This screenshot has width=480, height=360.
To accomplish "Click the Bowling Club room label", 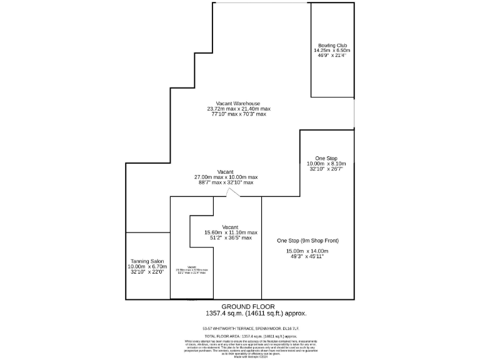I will point(332,46).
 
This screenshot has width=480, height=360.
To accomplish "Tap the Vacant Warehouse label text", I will point(238,103).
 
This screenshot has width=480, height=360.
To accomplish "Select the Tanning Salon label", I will point(147,261).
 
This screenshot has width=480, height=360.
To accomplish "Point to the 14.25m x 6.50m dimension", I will point(332,51).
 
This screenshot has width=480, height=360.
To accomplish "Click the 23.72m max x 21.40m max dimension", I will point(238,109).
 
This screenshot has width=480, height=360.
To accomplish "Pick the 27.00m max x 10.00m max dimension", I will point(226,177).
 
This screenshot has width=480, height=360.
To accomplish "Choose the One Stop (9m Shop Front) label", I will point(308,241).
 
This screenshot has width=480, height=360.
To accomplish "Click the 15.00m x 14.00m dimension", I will point(308,251).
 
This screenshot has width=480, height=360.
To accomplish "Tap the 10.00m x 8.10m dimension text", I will point(326,164).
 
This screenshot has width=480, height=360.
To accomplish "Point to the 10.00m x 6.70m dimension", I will point(147,266).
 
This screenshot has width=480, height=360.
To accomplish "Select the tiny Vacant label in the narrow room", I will point(192,266).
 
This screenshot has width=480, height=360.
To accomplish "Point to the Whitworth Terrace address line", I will point(241,328).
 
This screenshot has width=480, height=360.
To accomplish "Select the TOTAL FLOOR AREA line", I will point(241,336).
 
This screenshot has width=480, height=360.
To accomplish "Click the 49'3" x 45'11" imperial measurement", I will point(307,256).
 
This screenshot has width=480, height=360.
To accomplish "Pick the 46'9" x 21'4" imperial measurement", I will point(332,56).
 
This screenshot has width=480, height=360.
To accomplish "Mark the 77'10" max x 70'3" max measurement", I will point(238,114).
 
